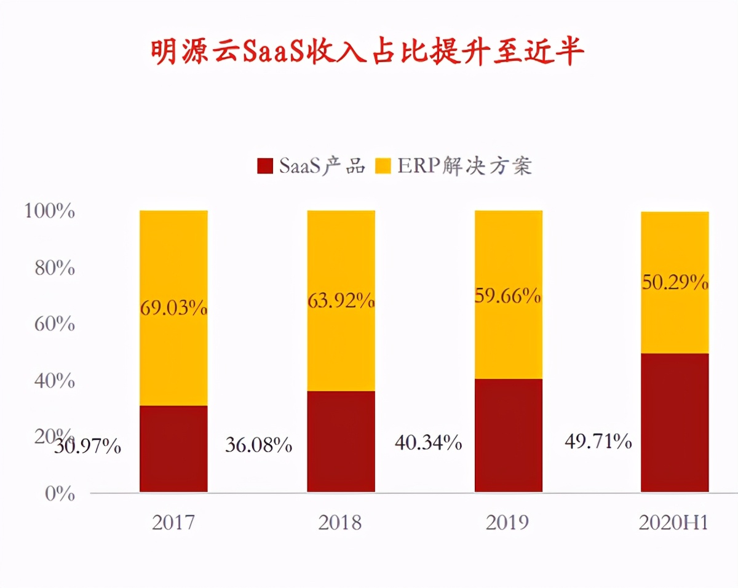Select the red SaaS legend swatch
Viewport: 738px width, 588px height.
tap(265, 166)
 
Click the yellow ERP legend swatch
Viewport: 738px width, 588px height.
tap(383, 166)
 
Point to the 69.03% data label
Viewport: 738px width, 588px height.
tap(173, 308)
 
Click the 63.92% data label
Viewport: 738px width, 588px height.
tap(341, 301)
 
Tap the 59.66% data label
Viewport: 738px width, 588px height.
tap(508, 296)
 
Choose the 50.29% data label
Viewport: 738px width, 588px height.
tap(675, 282)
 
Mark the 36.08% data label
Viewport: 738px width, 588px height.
tap(258, 445)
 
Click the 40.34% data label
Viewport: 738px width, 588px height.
tap(428, 442)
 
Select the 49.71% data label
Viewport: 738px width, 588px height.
tap(598, 440)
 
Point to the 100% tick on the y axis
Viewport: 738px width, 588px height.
tap(50, 212)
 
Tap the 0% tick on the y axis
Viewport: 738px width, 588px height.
tap(60, 493)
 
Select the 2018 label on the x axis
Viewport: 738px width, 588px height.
tap(340, 522)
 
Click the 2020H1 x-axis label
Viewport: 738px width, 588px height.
tap(674, 522)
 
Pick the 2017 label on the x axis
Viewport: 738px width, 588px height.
tap(173, 522)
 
